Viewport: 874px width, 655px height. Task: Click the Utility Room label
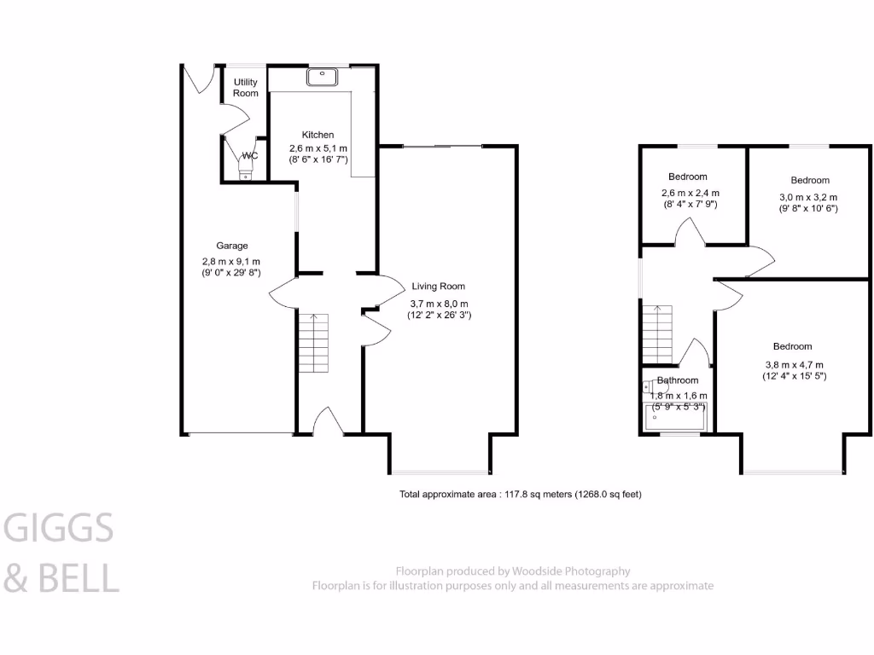[x=245, y=88]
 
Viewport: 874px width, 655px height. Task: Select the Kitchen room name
[x=318, y=135]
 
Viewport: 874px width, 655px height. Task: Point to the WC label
[x=250, y=156]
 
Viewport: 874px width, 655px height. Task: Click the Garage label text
[x=231, y=246]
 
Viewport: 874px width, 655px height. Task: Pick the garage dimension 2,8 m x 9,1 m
[x=231, y=261]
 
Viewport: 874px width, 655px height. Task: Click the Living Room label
[x=438, y=287]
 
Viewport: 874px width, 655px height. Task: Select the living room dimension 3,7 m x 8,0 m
[x=438, y=303]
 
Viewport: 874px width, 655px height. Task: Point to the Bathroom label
[x=677, y=380]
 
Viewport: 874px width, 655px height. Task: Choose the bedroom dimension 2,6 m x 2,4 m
[x=690, y=193]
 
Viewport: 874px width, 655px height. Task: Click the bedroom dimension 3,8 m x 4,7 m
[x=793, y=362]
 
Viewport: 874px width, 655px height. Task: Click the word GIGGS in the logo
[x=59, y=530]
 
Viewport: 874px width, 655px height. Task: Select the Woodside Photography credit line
[x=512, y=571]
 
